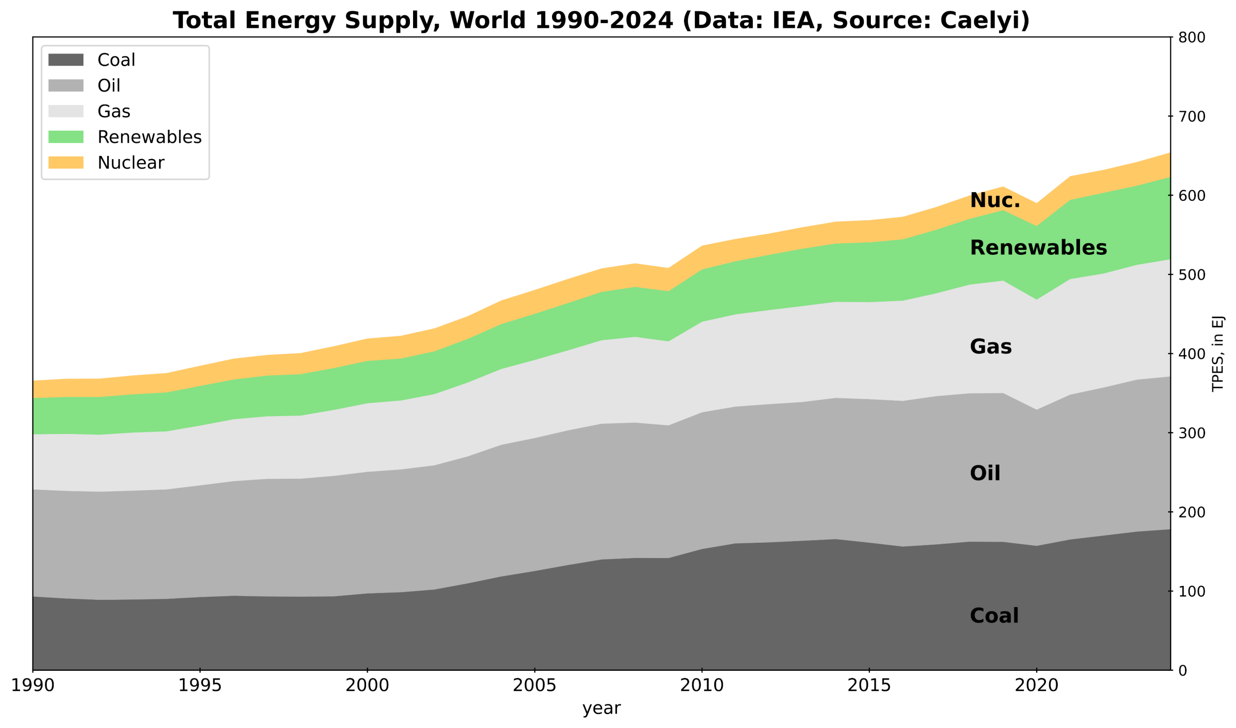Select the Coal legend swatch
pyautogui.click(x=65, y=60)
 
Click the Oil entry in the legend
pyautogui.click(x=109, y=85)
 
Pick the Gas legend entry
pyautogui.click(x=114, y=111)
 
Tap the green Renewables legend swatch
pyautogui.click(x=65, y=137)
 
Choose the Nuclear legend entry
pyautogui.click(x=131, y=163)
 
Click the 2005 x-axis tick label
pyautogui.click(x=535, y=686)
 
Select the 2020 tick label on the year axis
pyautogui.click(x=1036, y=686)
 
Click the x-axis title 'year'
pyautogui.click(x=602, y=709)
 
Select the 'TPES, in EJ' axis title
pyautogui.click(x=1217, y=354)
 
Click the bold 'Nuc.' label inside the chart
pyautogui.click(x=995, y=200)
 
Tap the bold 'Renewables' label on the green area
pyautogui.click(x=1038, y=248)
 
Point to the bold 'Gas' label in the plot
pyautogui.click(x=990, y=347)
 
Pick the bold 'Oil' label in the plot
pyautogui.click(x=985, y=473)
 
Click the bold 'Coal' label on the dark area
pyautogui.click(x=994, y=616)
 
